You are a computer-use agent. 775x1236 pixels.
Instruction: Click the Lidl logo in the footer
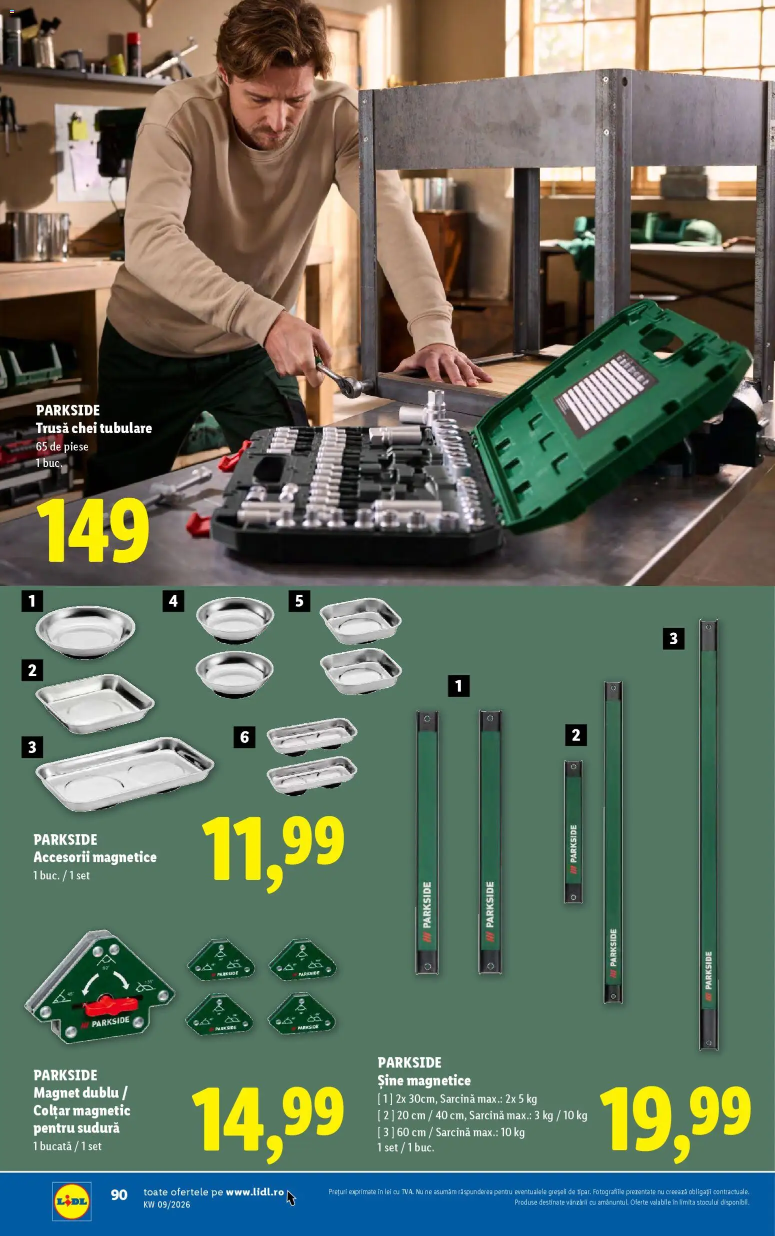(x=72, y=1200)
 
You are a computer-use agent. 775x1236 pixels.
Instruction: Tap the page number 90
(x=119, y=1195)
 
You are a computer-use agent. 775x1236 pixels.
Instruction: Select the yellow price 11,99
(x=272, y=849)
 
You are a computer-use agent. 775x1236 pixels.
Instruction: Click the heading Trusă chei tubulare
(x=94, y=428)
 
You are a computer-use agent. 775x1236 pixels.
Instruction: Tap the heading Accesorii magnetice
(x=95, y=857)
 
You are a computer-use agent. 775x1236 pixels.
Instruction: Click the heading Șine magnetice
(x=424, y=1080)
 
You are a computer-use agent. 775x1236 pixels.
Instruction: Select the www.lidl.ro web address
(x=254, y=1192)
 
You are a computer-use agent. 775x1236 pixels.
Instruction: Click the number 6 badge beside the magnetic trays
(x=244, y=737)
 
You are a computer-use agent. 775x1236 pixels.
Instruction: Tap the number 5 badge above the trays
(x=299, y=600)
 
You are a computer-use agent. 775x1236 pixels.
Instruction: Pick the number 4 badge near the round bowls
(x=173, y=600)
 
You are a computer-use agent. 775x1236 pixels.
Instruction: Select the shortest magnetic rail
(x=573, y=831)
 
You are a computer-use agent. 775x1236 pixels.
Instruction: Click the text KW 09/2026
(x=166, y=1204)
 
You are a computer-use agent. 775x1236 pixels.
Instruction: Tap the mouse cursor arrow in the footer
(x=290, y=1198)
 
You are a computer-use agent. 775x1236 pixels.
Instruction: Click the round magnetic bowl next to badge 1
(x=85, y=631)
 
